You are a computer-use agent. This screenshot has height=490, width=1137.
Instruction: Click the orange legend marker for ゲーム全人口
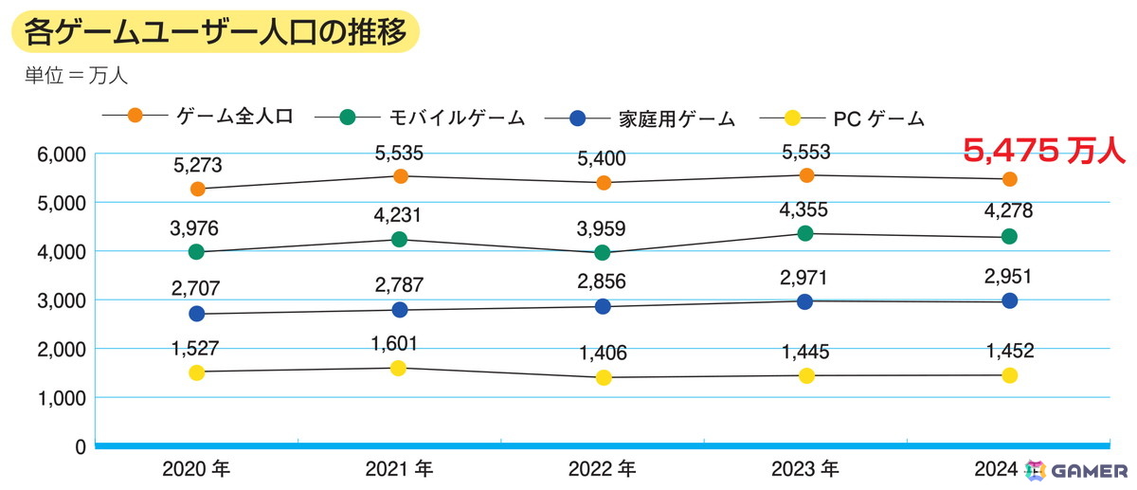coord(135,117)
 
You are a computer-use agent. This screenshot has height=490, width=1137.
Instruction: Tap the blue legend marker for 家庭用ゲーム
coord(578,118)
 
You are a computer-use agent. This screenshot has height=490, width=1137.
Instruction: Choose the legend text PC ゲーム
coord(877,118)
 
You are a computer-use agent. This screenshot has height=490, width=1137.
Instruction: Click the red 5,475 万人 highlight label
coord(1043,149)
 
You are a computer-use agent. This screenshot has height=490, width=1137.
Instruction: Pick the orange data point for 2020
coord(197,189)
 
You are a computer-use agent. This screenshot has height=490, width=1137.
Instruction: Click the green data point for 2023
coord(806,233)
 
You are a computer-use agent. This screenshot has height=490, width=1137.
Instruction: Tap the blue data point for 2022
coord(604,306)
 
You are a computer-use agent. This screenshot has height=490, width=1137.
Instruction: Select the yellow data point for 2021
coord(400,368)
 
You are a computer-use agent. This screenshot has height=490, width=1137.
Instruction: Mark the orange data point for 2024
coord(1009,179)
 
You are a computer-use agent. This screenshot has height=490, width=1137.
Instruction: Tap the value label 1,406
coord(604,354)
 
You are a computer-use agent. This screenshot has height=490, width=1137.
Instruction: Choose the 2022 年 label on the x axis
coord(603,468)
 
